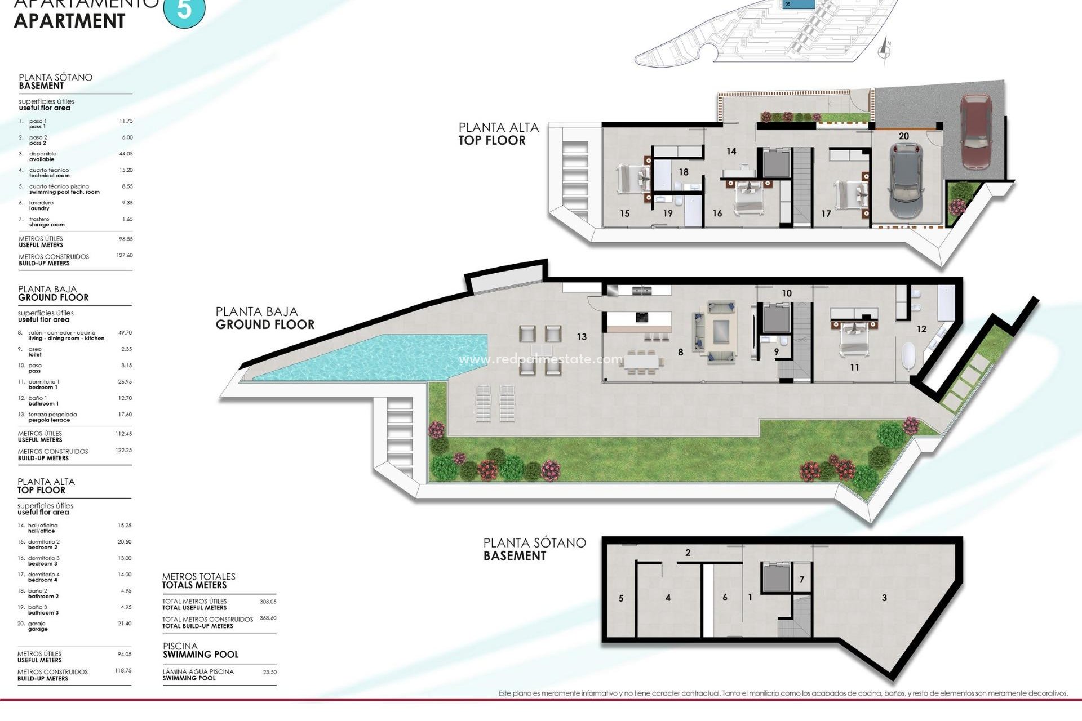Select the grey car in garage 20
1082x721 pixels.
tap(906, 181)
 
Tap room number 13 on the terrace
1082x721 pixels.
tap(582, 337)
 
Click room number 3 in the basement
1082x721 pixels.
tap(884, 598)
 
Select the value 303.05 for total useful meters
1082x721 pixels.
tap(268, 602)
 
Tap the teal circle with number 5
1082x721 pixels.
tap(184, 10)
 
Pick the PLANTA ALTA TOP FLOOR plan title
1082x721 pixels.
tap(498, 134)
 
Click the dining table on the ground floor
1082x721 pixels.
tap(641, 361)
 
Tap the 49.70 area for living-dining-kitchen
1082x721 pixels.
tap(125, 333)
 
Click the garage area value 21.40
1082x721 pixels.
tap(125, 624)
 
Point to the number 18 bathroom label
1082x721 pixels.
tap(684, 172)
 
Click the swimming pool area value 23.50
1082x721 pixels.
tap(269, 672)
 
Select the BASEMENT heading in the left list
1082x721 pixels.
tap(41, 86)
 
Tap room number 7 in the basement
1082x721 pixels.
tap(802, 580)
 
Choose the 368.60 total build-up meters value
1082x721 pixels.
tap(268, 618)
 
